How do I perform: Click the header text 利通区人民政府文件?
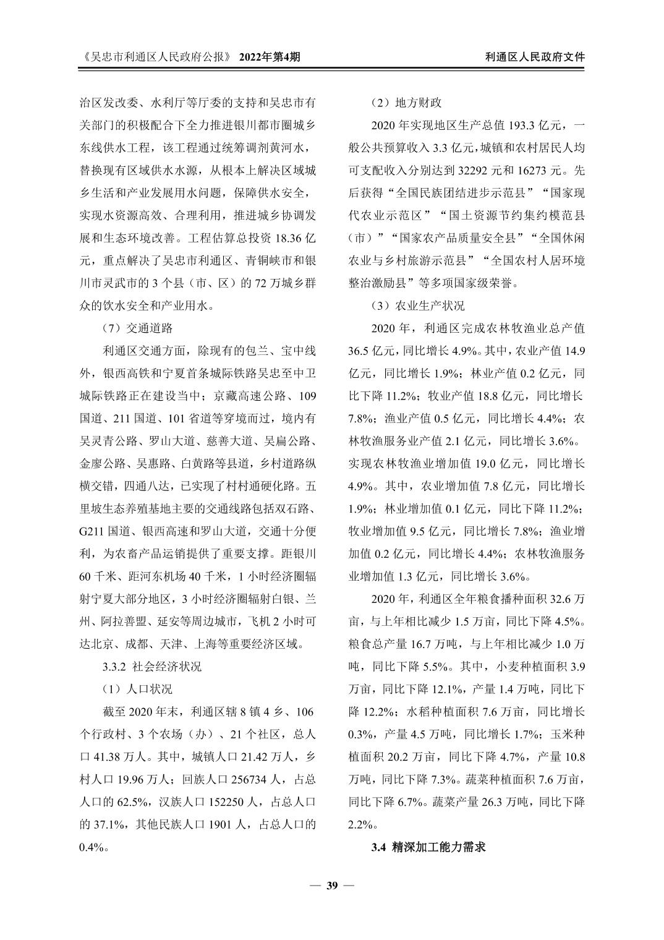point(535,56)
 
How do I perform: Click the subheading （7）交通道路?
point(137,328)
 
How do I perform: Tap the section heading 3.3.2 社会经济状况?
point(151,667)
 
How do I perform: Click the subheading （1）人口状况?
point(137,689)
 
